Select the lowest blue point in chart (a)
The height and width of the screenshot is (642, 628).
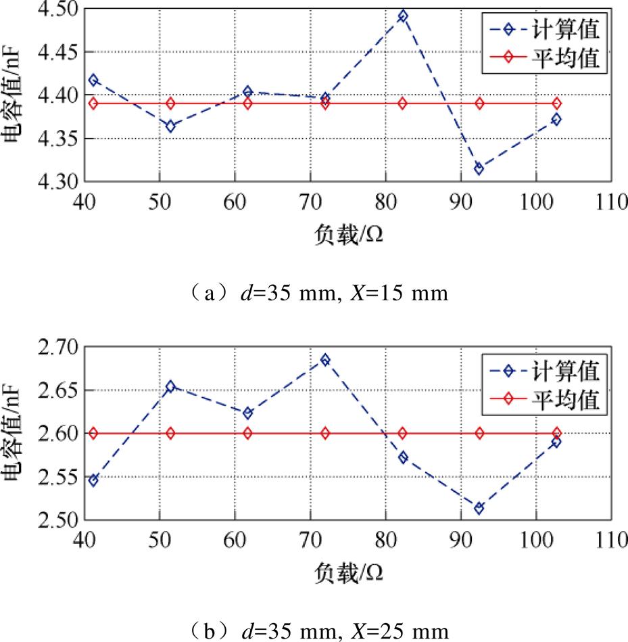479,168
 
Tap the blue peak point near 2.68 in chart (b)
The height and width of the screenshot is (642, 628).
325,360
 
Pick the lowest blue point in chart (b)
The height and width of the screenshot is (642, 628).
479,508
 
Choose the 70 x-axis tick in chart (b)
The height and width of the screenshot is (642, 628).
310,539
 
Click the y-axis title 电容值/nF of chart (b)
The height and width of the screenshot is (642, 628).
12,433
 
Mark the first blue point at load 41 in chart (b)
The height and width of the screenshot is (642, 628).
93,480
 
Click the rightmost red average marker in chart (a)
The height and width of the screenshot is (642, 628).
556,104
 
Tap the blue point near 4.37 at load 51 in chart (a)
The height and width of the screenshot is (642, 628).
170,126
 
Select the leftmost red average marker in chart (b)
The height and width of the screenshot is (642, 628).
93,433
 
